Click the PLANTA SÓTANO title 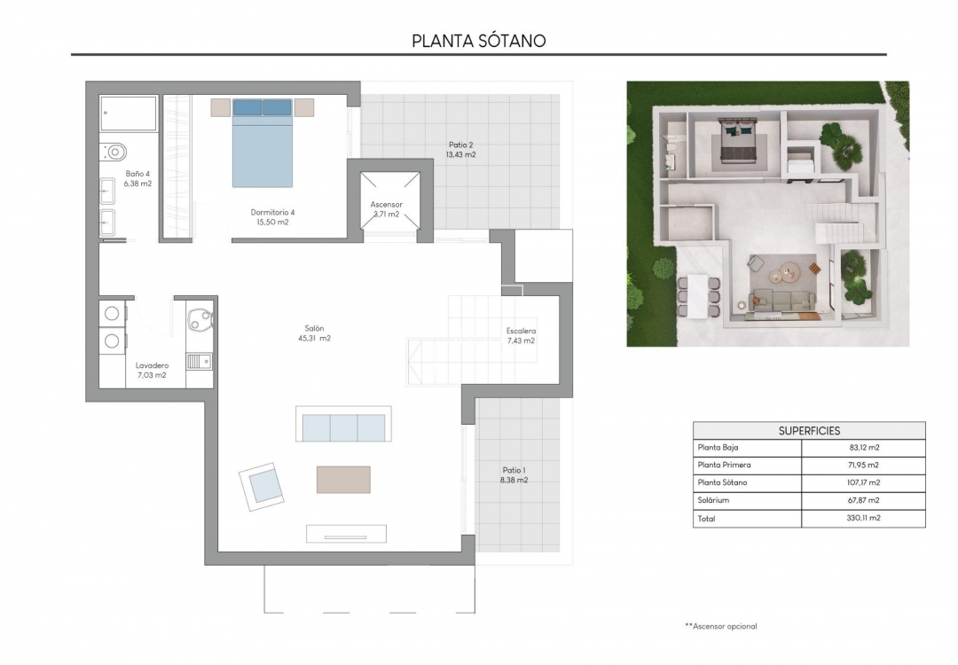(478, 41)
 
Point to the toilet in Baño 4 (114, 152)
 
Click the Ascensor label (386, 209)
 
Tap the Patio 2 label (460, 149)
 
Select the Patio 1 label (514, 475)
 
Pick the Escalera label (521, 335)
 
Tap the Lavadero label (152, 370)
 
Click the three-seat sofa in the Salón (343, 426)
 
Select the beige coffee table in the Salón (343, 480)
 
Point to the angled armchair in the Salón (263, 486)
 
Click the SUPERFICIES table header (808, 431)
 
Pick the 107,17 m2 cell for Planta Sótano (861, 482)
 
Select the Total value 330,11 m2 (861, 518)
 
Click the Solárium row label (715, 500)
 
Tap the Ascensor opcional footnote (721, 626)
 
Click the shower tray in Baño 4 (129, 113)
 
